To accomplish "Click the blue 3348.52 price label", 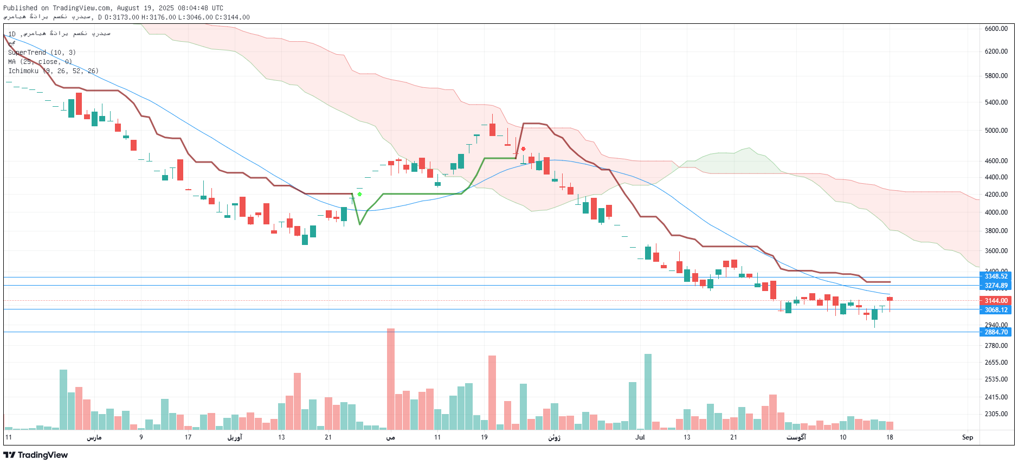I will point(996,276).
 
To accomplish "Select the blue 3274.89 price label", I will point(996,286).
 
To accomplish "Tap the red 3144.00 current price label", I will point(996,301).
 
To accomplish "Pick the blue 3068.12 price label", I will point(996,310).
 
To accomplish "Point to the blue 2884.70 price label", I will point(996,332).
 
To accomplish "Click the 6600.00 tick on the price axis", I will point(996,29).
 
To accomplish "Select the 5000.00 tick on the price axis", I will point(996,131).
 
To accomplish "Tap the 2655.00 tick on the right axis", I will point(996,363).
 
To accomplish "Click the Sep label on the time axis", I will point(967,437).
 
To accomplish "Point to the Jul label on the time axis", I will point(640,437).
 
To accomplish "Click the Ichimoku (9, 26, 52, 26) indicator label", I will point(53,71).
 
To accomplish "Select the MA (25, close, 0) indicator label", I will point(40,62).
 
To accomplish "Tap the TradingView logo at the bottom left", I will point(36,455).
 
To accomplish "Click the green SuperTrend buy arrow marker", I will point(359,193).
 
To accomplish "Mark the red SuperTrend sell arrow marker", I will point(523,148).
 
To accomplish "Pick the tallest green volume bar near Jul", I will point(648,391).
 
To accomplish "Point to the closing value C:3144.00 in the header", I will point(233,17).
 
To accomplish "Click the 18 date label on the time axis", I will point(890,437).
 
